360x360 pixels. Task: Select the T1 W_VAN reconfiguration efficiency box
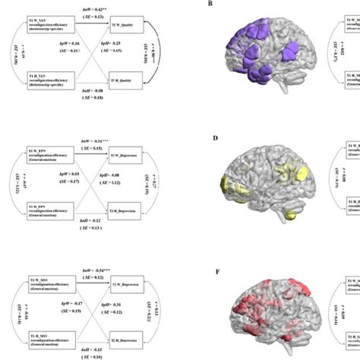pos(52,22)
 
